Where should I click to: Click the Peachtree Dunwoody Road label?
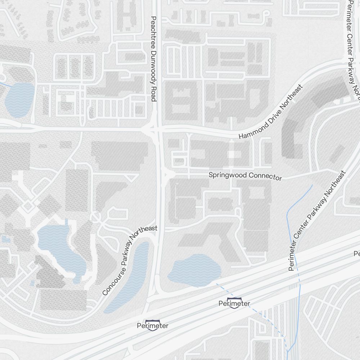[153, 59]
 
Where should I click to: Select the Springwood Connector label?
[245, 176]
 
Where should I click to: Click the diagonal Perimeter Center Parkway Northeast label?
[317, 221]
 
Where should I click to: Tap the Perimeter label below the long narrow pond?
[153, 326]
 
